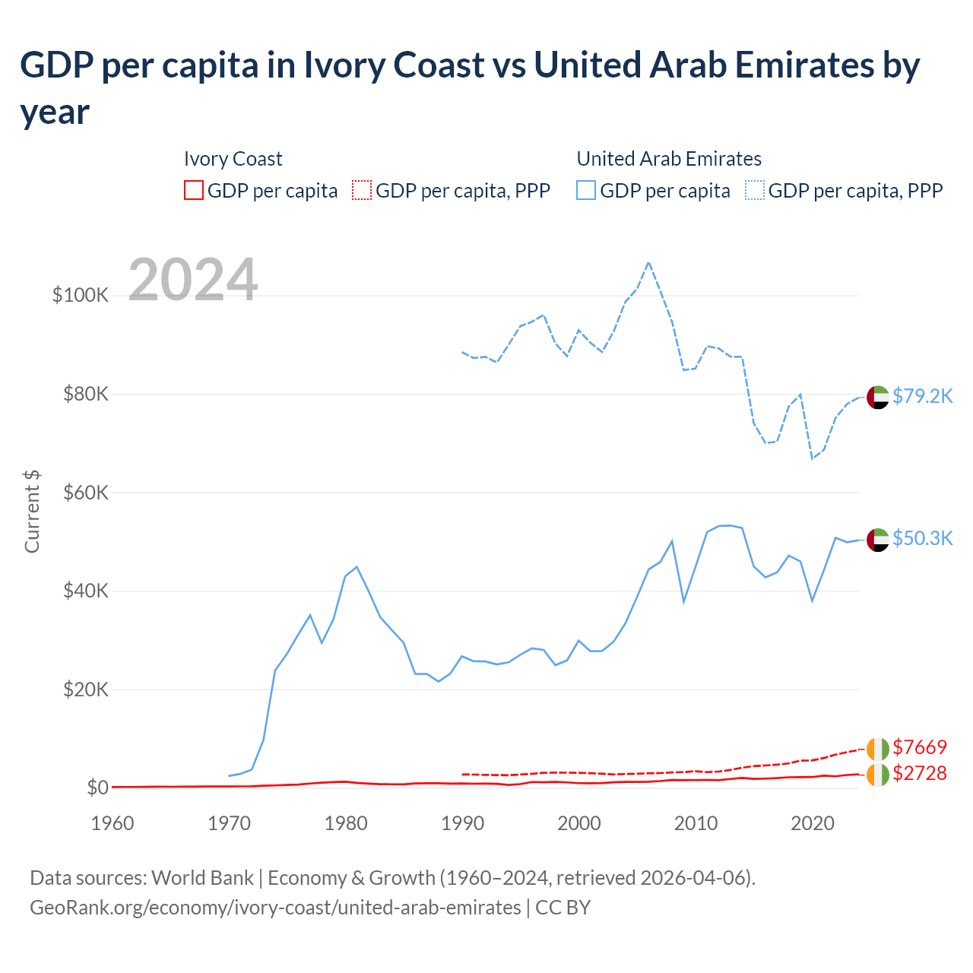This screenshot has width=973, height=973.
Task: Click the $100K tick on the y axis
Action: click(81, 295)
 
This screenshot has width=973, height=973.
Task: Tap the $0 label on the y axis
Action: click(97, 788)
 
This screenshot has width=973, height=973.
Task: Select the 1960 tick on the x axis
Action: click(113, 823)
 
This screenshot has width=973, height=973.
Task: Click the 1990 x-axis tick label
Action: click(462, 823)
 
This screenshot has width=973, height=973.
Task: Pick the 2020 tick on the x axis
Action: click(813, 823)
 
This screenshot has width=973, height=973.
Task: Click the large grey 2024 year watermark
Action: click(193, 280)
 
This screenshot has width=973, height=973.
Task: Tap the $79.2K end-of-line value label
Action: click(922, 396)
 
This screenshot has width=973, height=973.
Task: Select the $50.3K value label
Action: click(922, 538)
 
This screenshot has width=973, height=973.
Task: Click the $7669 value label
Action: click(920, 747)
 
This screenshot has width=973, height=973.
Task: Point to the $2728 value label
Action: click(920, 773)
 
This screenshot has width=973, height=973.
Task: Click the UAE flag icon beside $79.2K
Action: click(878, 397)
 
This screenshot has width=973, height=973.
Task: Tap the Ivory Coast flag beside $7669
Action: click(878, 749)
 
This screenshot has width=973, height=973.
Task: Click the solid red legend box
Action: click(194, 190)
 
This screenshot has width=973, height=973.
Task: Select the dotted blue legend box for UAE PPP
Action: click(755, 190)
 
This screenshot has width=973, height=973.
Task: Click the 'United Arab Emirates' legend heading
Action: click(669, 159)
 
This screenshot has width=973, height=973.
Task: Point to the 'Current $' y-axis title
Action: click(32, 511)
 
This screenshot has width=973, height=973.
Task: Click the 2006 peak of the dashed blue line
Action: click(648, 262)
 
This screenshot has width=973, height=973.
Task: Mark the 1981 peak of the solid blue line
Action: click(357, 567)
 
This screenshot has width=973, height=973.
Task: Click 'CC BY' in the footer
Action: click(563, 908)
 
